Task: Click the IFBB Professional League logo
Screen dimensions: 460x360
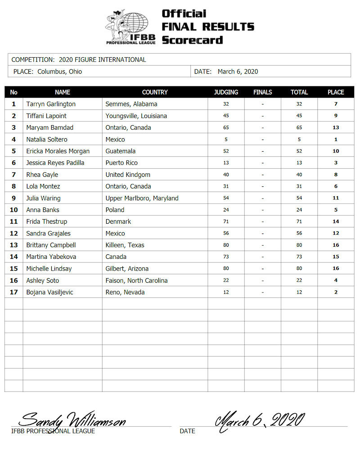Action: (x=130, y=27)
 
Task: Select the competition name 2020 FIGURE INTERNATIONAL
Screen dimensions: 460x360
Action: (x=102, y=59)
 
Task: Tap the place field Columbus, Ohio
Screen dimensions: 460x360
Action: (x=60, y=71)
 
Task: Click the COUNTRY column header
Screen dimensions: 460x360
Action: (x=154, y=92)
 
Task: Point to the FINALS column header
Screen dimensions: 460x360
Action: (x=262, y=92)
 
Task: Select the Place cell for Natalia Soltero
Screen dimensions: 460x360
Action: (x=336, y=139)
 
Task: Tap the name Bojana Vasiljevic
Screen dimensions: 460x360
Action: (x=49, y=292)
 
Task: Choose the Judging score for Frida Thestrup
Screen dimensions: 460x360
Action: (x=226, y=221)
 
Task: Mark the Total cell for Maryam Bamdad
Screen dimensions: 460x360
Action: (x=299, y=127)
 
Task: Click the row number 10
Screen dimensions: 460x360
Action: (x=13, y=210)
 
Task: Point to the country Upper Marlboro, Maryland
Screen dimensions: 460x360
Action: (x=142, y=198)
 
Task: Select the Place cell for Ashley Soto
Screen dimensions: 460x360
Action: (x=336, y=280)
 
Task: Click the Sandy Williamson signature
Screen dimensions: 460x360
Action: (x=72, y=419)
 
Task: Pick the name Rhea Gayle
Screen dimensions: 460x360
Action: (x=42, y=175)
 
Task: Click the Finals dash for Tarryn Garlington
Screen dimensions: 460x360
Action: (x=262, y=104)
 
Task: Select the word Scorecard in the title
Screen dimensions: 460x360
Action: (x=192, y=40)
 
